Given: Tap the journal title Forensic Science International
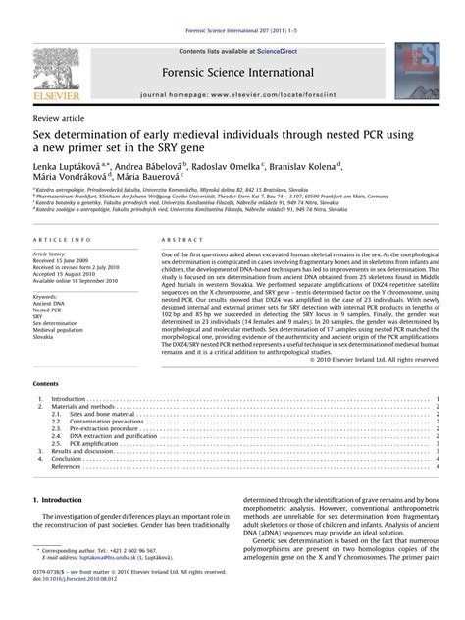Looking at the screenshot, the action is tap(232, 45).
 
